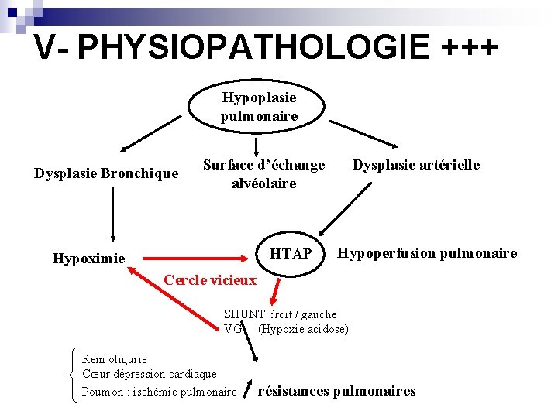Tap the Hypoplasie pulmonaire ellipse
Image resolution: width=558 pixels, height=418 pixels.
click(x=259, y=107)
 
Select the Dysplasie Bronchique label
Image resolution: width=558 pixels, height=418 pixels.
click(x=106, y=173)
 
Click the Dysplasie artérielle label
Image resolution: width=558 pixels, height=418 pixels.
click(x=416, y=165)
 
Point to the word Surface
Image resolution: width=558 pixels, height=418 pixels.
click(x=228, y=165)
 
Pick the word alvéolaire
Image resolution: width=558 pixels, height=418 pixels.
click(x=263, y=183)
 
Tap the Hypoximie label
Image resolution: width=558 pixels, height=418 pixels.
click(x=88, y=259)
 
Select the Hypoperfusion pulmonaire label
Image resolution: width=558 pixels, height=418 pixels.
click(x=427, y=253)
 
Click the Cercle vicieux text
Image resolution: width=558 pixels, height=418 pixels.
click(x=209, y=279)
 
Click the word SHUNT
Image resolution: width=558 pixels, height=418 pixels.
click(x=244, y=314)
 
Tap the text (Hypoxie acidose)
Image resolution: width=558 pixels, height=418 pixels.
click(x=304, y=329)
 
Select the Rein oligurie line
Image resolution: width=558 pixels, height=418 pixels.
click(x=114, y=358)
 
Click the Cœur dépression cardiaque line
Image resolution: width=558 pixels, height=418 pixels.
click(x=149, y=374)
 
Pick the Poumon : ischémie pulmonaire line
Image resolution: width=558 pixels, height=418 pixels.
click(x=159, y=392)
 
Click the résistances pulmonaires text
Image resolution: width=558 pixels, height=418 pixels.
click(x=336, y=391)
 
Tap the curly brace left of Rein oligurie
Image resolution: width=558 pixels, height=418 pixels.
click(x=71, y=375)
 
